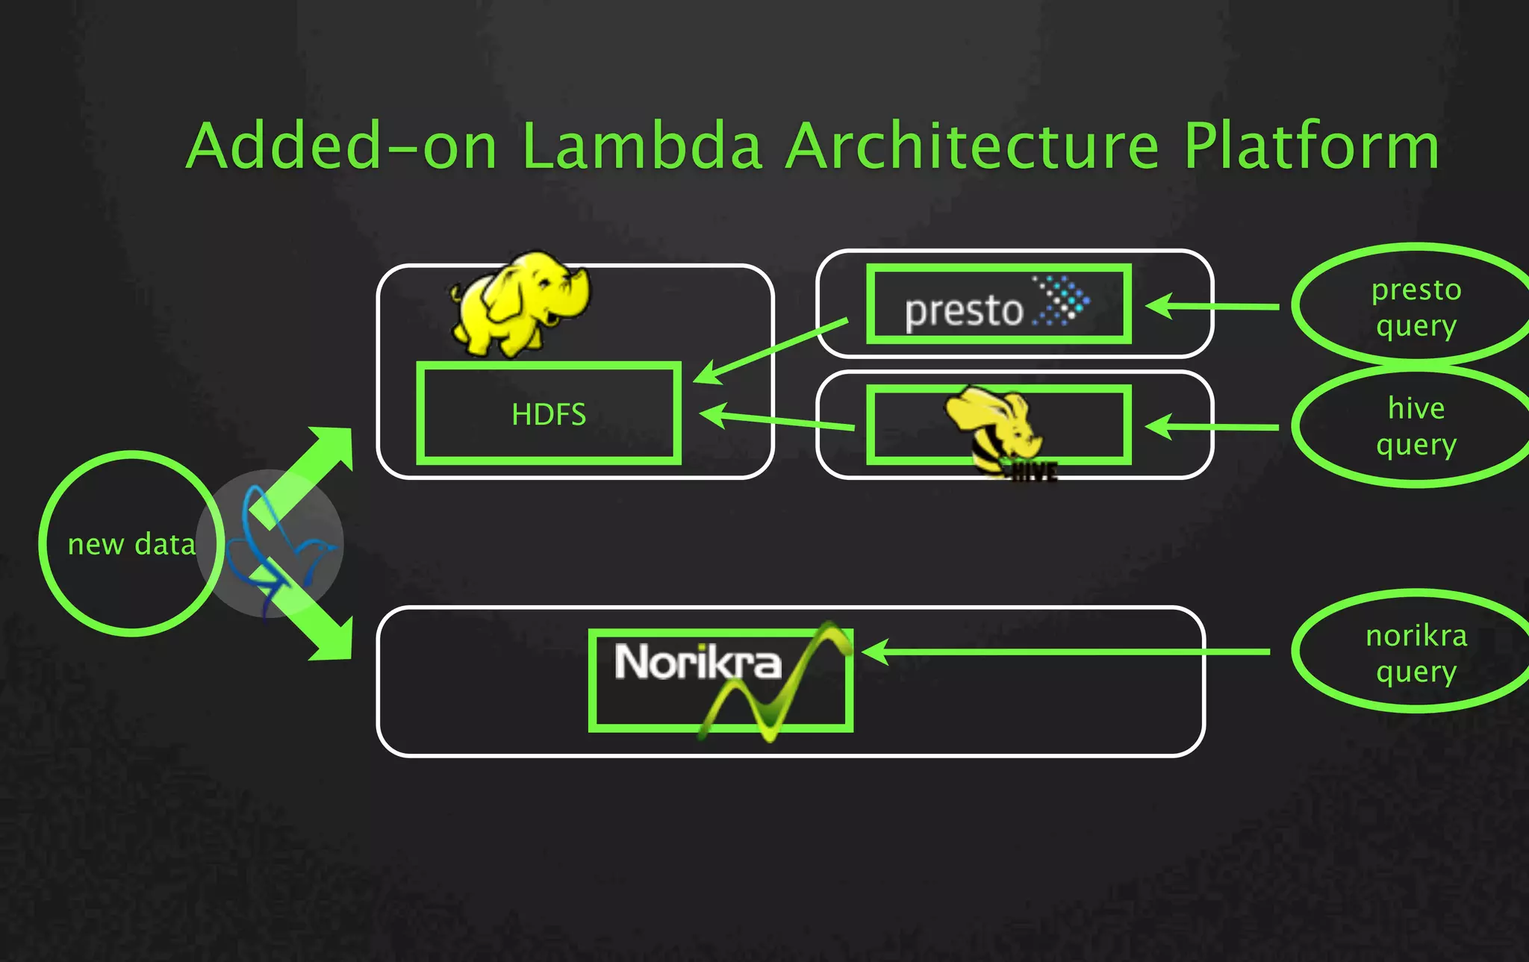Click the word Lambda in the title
pyautogui.click(x=642, y=146)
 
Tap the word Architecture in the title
pyautogui.click(x=973, y=146)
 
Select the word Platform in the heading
pyautogui.click(x=1311, y=146)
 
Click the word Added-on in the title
pyautogui.click(x=341, y=146)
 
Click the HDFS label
pyautogui.click(x=549, y=414)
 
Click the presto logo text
pyautogui.click(x=963, y=310)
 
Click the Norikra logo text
pyautogui.click(x=698, y=662)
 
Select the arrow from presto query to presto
pyautogui.click(x=1213, y=306)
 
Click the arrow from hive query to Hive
pyautogui.click(x=1213, y=427)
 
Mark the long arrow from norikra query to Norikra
pyautogui.click(x=1068, y=652)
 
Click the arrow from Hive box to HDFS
pyautogui.click(x=776, y=420)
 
